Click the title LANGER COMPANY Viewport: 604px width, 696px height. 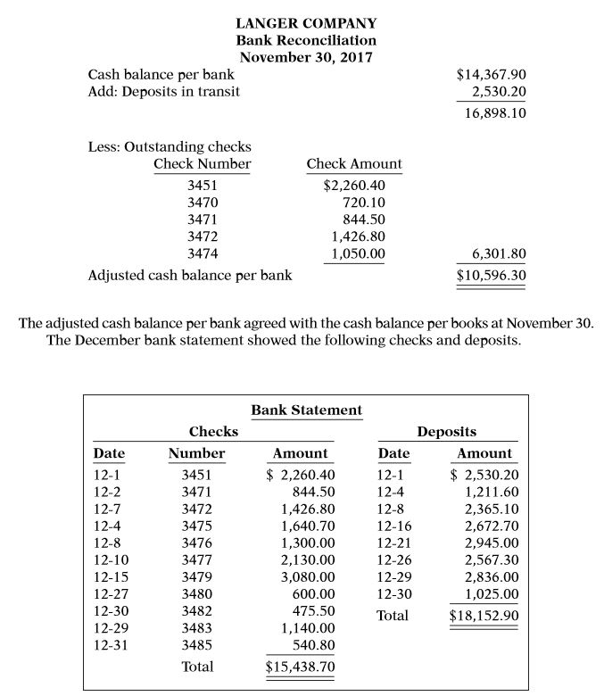pos(306,23)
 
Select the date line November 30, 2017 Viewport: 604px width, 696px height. pos(306,58)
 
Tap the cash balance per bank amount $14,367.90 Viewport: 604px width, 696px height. pos(491,75)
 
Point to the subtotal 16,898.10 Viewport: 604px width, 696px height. pos(495,114)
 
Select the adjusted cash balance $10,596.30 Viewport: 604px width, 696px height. pos(491,275)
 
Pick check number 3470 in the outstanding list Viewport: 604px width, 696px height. pos(203,203)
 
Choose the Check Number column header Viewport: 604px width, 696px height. pos(202,164)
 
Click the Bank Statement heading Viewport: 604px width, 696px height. pos(306,410)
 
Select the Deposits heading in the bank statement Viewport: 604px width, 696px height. pos(446,431)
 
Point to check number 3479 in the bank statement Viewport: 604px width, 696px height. pos(197,576)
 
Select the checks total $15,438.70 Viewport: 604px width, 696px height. pos(300,667)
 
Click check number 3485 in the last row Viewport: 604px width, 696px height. pos(197,643)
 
